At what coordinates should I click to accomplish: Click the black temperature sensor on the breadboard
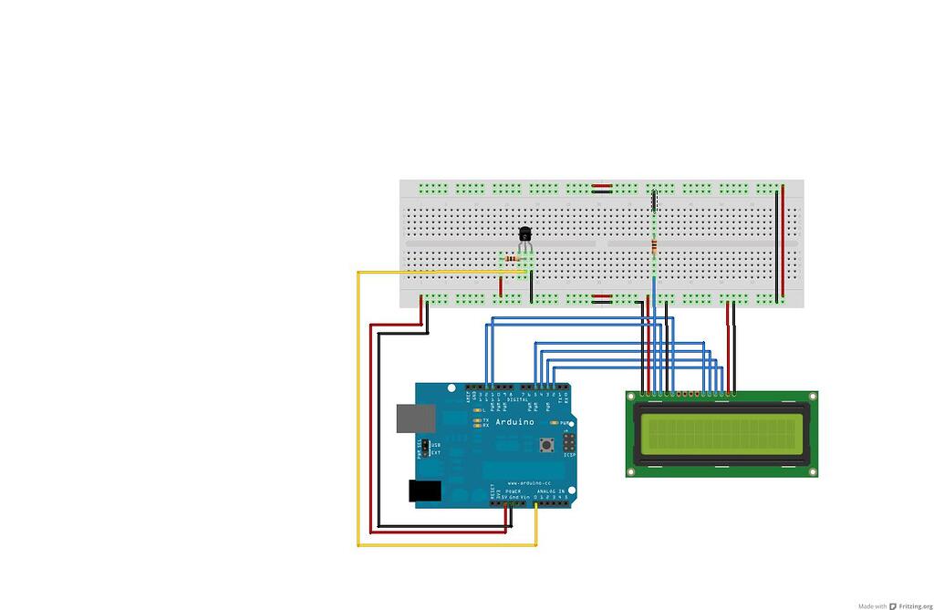coord(524,234)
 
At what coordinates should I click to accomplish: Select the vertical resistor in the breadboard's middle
coord(654,245)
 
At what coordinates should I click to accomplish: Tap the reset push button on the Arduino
coord(547,445)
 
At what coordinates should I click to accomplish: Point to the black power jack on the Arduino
coord(424,491)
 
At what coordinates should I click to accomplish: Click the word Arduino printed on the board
coord(515,422)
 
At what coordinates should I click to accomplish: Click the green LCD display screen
coord(721,433)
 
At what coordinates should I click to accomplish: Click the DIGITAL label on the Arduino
coord(519,398)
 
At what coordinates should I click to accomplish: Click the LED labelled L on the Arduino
coord(478,411)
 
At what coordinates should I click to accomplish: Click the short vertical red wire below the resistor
coord(501,286)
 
